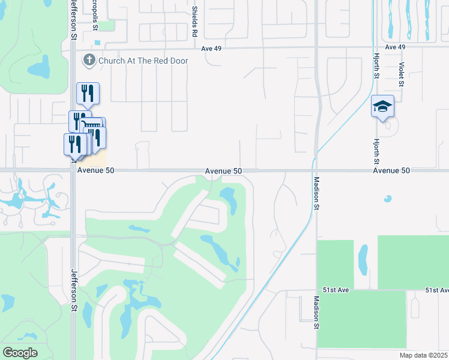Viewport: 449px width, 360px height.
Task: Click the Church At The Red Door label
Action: (x=143, y=61)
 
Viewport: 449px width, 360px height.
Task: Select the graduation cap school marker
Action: (x=382, y=107)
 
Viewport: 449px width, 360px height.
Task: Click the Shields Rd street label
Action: (x=194, y=22)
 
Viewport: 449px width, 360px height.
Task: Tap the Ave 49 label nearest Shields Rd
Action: (x=212, y=48)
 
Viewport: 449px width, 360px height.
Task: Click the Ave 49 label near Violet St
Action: (x=396, y=47)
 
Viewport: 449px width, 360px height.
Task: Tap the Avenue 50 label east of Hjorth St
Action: (x=391, y=171)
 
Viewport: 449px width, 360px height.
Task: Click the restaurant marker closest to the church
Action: (x=88, y=94)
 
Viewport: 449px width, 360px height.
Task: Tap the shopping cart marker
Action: (x=92, y=126)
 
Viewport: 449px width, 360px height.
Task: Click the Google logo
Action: (x=20, y=353)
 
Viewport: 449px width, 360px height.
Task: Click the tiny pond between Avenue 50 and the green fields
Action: (x=388, y=199)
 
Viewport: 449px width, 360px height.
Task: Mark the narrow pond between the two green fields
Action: (x=363, y=259)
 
